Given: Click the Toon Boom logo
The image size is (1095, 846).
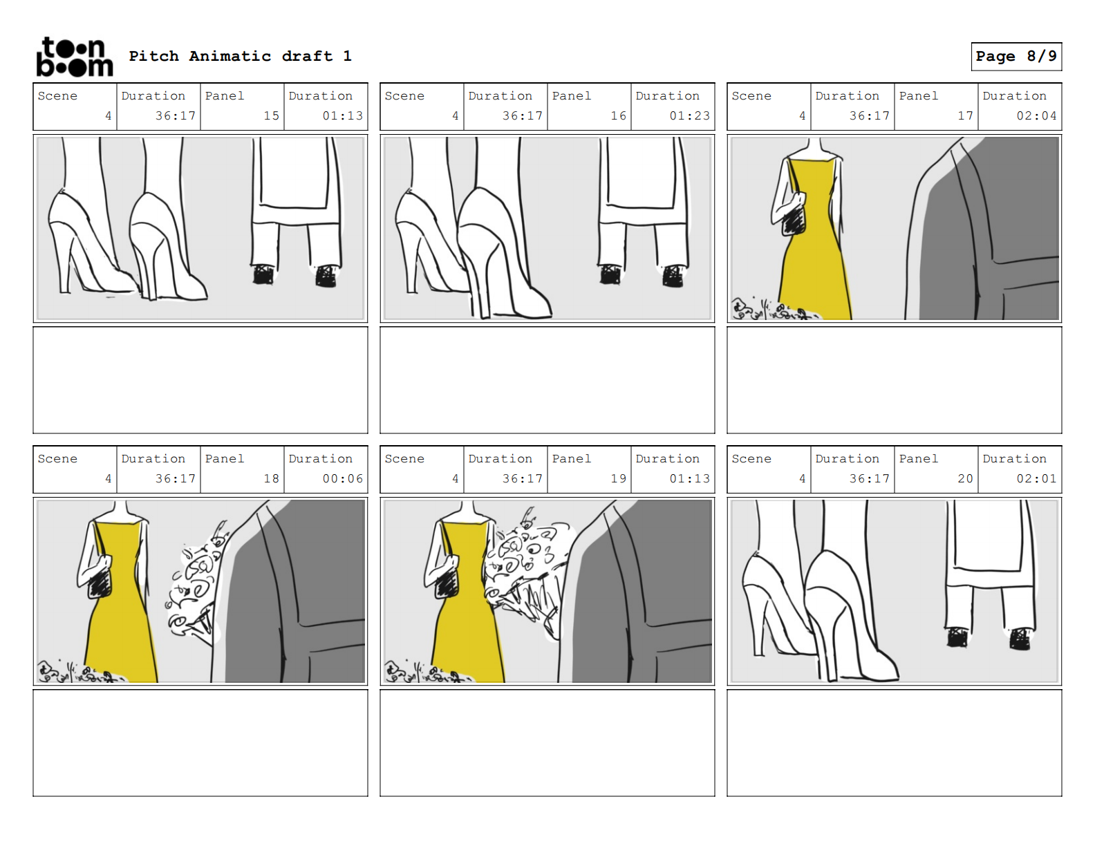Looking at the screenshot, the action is coord(74,57).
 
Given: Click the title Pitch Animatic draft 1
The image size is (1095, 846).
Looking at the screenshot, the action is coord(240,56).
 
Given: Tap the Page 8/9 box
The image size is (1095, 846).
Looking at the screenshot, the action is coord(1016,56).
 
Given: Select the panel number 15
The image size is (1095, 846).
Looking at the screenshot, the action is coord(271,115).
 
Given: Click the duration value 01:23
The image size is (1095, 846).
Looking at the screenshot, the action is coord(689,115).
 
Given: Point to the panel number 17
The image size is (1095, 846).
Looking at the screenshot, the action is coord(965,115).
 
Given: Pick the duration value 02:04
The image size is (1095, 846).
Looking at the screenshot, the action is coord(1036,115).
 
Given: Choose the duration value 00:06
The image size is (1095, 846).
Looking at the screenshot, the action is coord(342,478).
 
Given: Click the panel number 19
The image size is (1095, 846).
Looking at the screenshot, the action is coord(618,478).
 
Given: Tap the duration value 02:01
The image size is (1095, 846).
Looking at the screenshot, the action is coord(1036,478).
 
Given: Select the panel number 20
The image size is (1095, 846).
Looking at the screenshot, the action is coord(965,478).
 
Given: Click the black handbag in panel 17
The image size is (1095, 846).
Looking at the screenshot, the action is coord(794,219).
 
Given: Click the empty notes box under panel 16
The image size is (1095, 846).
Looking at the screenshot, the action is coord(547,380).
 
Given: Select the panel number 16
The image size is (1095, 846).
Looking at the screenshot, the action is coord(618,115).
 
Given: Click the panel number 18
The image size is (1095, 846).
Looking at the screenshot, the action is coord(271,478).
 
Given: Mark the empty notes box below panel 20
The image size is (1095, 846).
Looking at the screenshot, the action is coord(894,743).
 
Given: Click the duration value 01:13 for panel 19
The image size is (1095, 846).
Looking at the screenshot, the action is coord(689,478).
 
